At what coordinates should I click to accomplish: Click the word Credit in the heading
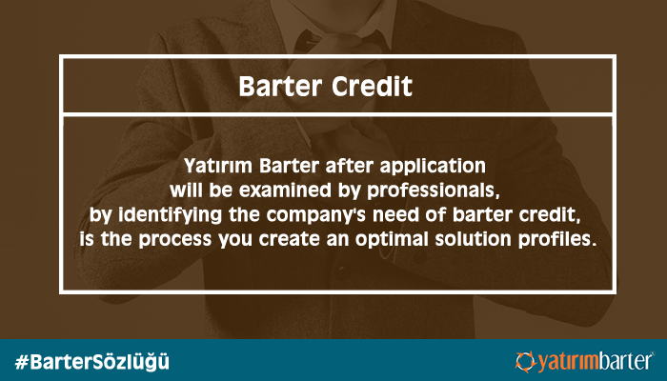[372, 87]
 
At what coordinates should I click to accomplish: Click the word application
[433, 167]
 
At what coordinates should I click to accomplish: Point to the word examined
[286, 190]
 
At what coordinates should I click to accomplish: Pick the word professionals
[433, 191]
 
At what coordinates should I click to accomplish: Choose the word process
[174, 240]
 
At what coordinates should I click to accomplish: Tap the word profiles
[556, 240]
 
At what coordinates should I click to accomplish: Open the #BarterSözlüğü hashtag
[91, 362]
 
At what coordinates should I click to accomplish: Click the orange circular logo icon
[526, 361]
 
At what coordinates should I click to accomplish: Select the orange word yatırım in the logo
[568, 362]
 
